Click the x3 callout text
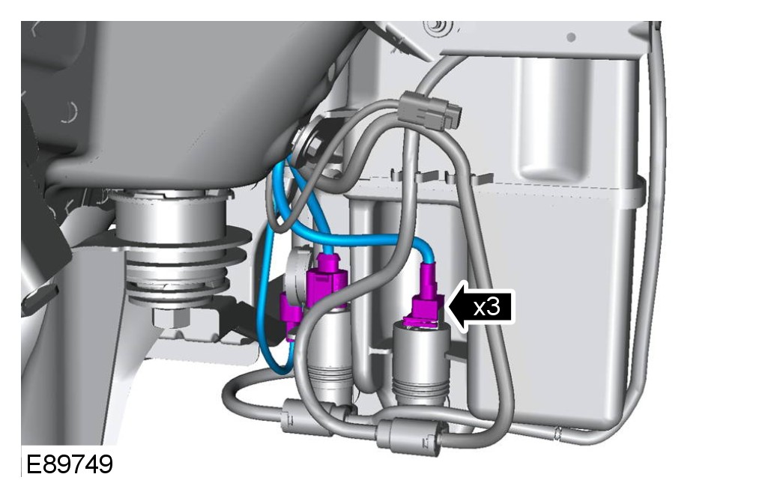pyautogui.click(x=487, y=307)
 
